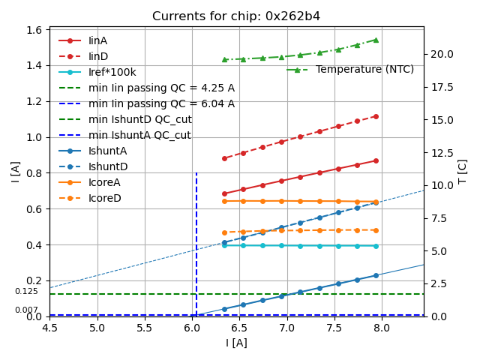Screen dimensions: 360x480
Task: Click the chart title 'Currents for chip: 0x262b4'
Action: [236, 16]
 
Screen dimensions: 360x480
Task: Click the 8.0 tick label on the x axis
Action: [382, 329]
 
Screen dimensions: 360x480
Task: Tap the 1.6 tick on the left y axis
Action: [34, 30]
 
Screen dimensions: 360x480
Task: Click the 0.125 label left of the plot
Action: [26, 291]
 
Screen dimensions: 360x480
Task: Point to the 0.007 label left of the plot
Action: [26, 310]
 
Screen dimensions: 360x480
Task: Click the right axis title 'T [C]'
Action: [463, 171]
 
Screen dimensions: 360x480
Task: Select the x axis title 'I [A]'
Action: [236, 343]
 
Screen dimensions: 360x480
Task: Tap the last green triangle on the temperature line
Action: [376, 40]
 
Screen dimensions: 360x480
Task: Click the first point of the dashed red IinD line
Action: [224, 158]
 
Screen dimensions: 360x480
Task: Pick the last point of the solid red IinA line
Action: [376, 160]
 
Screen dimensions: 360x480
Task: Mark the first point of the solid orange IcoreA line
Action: [224, 201]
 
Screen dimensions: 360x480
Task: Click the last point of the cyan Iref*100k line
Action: [376, 246]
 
